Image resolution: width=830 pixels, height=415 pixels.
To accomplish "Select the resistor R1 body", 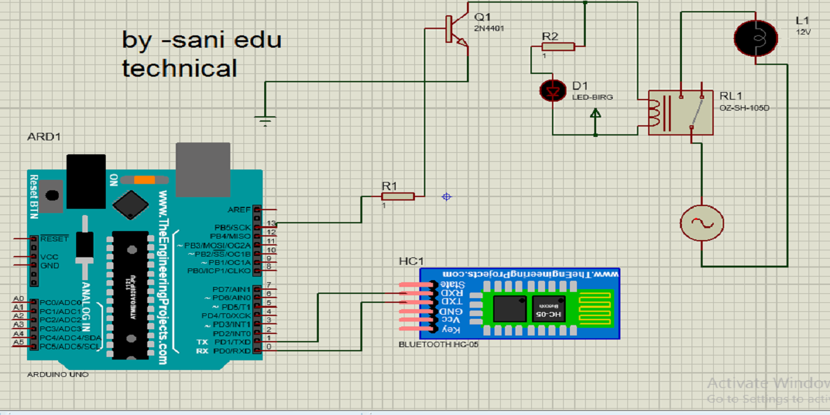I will click(x=398, y=196).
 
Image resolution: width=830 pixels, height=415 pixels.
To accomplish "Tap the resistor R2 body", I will click(x=557, y=46).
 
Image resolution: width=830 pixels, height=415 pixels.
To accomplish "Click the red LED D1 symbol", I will click(x=552, y=90).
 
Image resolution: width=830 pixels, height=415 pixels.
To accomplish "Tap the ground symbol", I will click(x=264, y=122).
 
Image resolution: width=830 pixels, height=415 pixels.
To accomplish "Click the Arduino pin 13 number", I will click(x=271, y=223).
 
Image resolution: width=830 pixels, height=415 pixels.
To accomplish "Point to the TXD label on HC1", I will click(x=453, y=302).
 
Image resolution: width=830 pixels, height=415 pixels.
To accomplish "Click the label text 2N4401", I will click(x=489, y=28).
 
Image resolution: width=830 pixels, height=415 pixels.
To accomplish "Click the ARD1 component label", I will click(x=44, y=136).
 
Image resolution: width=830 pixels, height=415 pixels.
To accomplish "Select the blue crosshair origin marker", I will click(x=447, y=197).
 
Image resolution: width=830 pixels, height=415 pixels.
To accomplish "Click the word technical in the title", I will click(x=179, y=68).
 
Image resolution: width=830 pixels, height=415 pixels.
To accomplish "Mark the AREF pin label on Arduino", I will click(x=239, y=209).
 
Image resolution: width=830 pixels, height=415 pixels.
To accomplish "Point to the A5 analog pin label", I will click(x=19, y=342).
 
